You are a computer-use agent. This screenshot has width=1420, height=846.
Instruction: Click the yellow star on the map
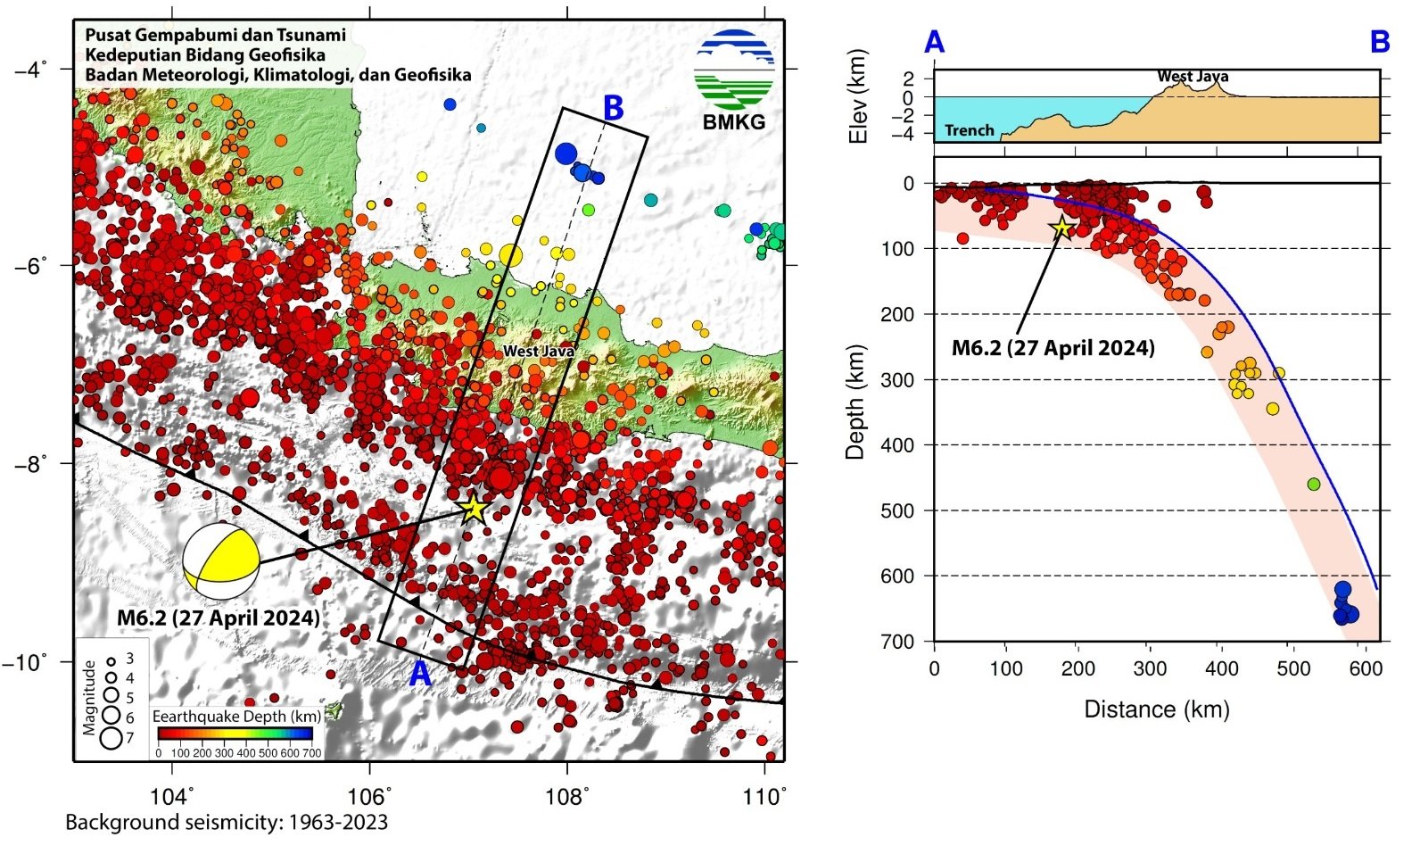tap(474, 509)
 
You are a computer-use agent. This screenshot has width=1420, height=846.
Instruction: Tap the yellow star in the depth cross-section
tap(1061, 228)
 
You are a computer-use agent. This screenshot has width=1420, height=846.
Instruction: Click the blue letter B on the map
tap(613, 108)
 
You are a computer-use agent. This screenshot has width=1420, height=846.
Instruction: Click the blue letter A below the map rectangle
tap(419, 675)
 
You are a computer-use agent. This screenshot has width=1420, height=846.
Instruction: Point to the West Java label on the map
tap(539, 352)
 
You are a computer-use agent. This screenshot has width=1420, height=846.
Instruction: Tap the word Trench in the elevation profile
tap(970, 130)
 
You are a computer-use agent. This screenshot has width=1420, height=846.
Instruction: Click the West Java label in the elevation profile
tap(1193, 77)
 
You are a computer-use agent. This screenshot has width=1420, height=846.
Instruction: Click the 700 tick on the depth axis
tap(899, 642)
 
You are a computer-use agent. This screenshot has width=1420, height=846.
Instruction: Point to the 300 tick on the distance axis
tap(1150, 669)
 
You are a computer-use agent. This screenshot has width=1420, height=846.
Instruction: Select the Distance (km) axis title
tap(1156, 709)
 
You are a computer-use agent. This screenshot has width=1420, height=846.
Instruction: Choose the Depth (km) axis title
tap(856, 402)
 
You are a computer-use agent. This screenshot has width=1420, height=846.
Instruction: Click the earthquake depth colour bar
tap(235, 734)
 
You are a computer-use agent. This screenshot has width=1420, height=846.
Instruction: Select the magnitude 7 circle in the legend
tap(111, 738)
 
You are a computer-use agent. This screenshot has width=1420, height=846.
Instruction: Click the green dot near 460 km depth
tap(1313, 485)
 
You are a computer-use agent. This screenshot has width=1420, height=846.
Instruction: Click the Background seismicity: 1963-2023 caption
tap(227, 822)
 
